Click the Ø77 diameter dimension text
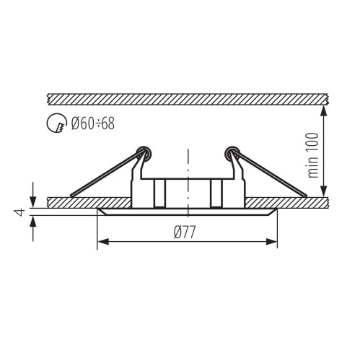coord(187,232)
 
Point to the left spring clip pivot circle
coord(144,152)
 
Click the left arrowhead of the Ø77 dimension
coord(102,241)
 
